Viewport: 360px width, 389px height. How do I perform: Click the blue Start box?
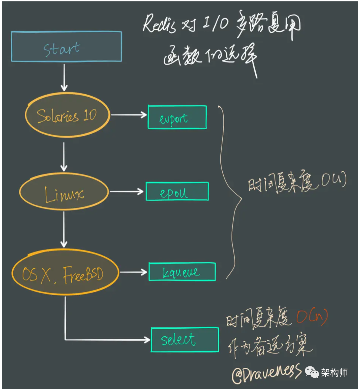point(66,47)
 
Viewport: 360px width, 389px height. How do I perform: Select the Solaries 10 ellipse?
point(67,115)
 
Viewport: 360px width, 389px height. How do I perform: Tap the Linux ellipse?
point(64,192)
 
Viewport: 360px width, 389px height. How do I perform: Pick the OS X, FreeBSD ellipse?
point(65,273)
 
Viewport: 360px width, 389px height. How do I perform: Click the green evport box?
point(177,117)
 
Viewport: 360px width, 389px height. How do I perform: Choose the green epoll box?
point(177,192)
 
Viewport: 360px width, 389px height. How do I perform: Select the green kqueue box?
point(182,272)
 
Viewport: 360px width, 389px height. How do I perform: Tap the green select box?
point(185,340)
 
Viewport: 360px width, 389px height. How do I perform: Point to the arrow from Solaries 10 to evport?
point(129,115)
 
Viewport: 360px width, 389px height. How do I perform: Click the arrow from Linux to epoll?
point(127,192)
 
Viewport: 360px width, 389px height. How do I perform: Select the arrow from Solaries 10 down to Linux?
point(64,157)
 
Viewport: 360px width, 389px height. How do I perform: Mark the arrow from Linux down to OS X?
point(64,230)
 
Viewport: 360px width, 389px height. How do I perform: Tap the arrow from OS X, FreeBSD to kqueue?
point(133,272)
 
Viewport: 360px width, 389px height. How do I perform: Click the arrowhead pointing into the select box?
point(147,340)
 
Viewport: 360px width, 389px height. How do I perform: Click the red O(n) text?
point(312,317)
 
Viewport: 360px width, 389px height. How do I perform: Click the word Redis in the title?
point(159,24)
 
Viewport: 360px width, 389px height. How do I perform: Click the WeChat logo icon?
point(312,372)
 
